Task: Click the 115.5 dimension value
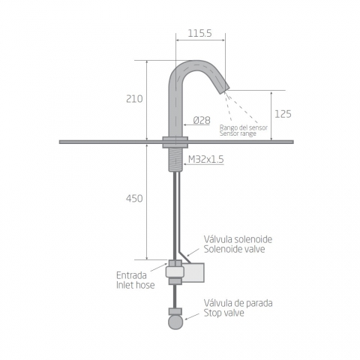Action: tap(199, 33)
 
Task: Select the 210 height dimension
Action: tap(134, 99)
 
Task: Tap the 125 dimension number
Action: tap(283, 114)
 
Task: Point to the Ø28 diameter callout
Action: tap(202, 120)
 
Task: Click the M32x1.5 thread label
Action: tap(206, 159)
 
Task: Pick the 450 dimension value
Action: tap(134, 199)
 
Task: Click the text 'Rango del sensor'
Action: tap(244, 127)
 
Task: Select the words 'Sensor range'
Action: tap(238, 133)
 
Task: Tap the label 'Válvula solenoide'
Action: tap(238, 239)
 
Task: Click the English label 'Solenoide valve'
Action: tap(234, 249)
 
